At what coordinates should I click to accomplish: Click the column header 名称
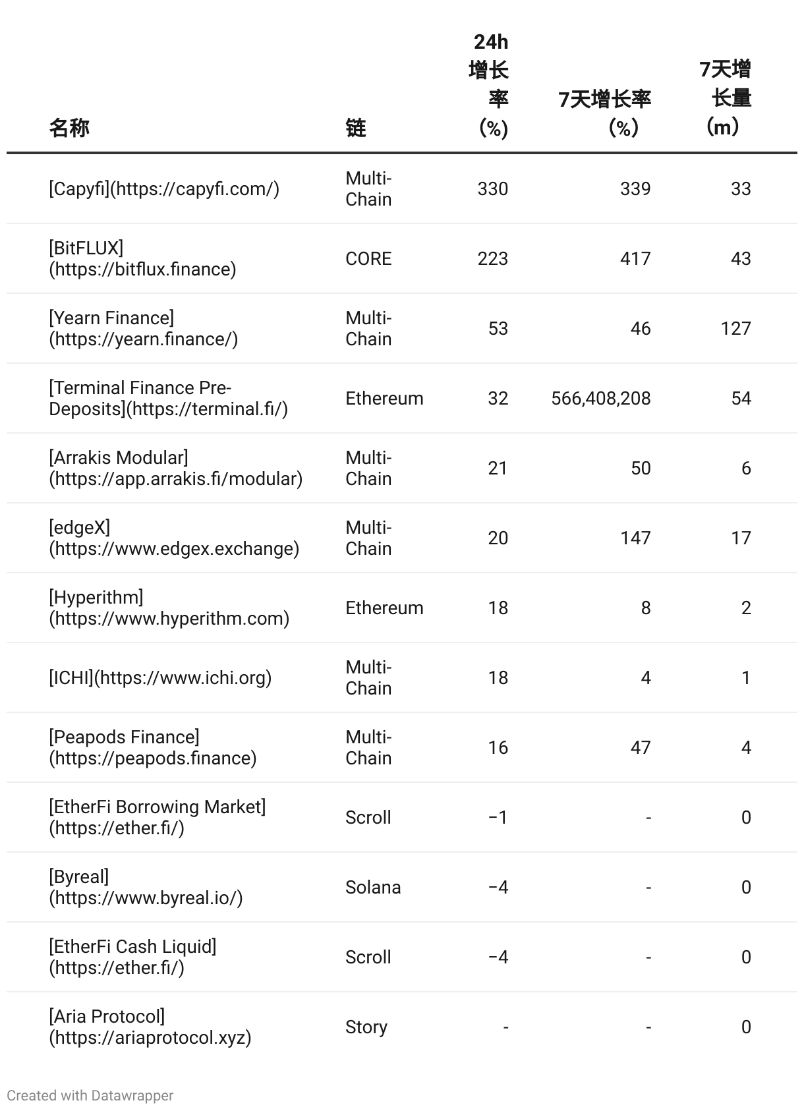click(x=69, y=127)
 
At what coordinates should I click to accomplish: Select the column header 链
click(x=355, y=127)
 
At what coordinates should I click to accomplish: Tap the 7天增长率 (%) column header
click(x=604, y=113)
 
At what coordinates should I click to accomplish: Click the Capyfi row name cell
click(x=164, y=189)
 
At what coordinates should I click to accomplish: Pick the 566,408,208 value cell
click(x=600, y=398)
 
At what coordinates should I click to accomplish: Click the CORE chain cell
click(x=368, y=258)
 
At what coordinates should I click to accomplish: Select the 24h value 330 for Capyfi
click(x=492, y=189)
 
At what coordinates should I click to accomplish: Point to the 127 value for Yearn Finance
click(x=735, y=328)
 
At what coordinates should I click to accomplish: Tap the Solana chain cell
click(x=373, y=887)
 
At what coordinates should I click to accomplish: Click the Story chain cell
click(x=366, y=1027)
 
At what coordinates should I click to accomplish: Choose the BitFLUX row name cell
click(x=142, y=258)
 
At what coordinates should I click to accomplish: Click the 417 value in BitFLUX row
click(x=635, y=258)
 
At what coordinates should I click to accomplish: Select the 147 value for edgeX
click(x=635, y=538)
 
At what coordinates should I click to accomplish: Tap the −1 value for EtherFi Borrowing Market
click(x=498, y=817)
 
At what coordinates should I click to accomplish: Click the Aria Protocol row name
click(x=150, y=1027)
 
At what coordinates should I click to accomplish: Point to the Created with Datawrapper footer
click(x=90, y=1095)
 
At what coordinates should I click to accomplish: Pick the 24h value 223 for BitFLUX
click(x=492, y=258)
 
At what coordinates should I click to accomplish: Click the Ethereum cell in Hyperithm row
click(x=384, y=608)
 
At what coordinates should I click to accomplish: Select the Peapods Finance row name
click(x=153, y=747)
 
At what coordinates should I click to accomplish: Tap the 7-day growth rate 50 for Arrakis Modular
click(x=641, y=468)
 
